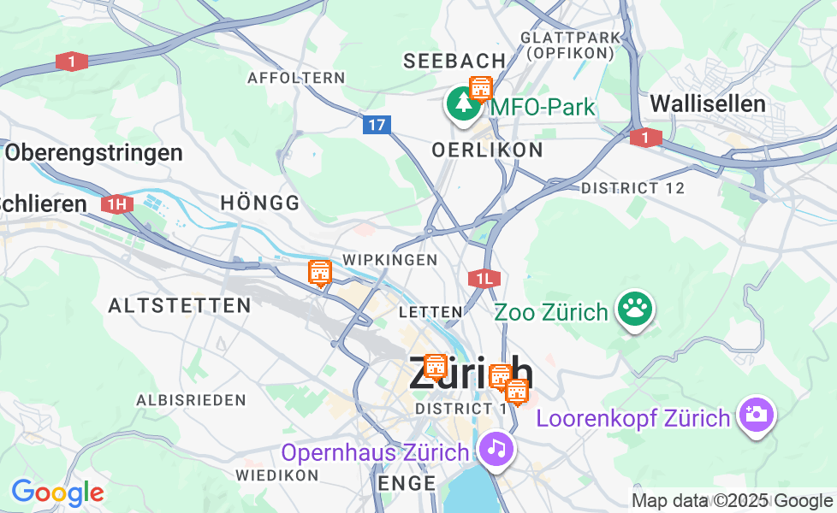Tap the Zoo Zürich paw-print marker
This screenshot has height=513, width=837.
coord(634,309)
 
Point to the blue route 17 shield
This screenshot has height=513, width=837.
coord(377,125)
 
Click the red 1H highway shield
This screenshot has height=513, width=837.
coord(117,203)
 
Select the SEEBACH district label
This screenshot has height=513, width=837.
coord(454,61)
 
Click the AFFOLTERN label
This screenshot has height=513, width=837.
coord(296,78)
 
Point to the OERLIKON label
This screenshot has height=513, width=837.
coord(487,150)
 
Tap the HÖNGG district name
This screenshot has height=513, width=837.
coord(260,203)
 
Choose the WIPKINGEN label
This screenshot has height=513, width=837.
coord(389,259)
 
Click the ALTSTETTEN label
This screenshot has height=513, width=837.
coord(180,305)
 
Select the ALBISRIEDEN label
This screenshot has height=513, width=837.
coord(191,399)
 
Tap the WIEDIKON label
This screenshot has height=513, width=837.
coord(277,474)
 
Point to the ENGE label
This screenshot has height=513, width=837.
coord(407,484)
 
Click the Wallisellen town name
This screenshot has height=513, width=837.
coord(708,104)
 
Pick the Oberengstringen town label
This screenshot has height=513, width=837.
coord(93,153)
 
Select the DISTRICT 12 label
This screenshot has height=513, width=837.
coord(632,188)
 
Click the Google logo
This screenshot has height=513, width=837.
coord(57,492)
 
